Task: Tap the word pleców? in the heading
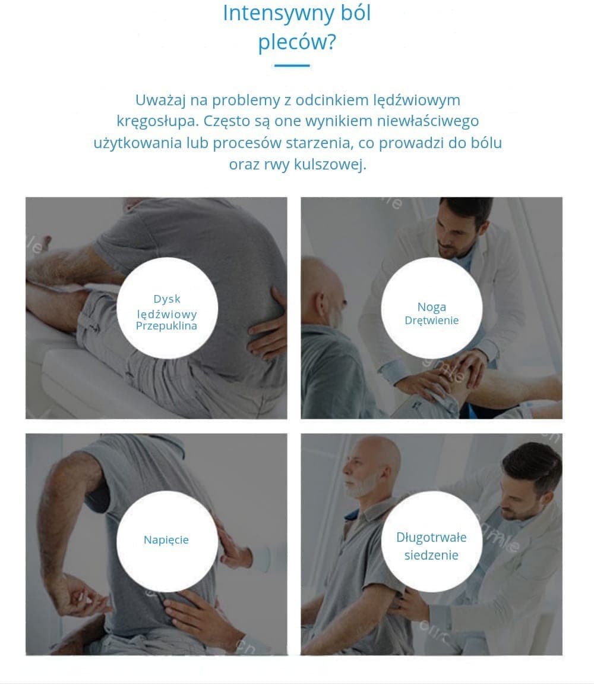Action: click(297, 43)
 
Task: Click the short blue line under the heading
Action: click(292, 66)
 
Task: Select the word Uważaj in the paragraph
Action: click(161, 101)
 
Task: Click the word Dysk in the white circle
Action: click(167, 299)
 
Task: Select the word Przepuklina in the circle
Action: click(166, 326)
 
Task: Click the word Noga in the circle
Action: click(431, 308)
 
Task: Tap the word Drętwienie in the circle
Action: click(431, 321)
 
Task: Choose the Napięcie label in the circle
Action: click(166, 541)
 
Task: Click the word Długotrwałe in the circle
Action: click(431, 538)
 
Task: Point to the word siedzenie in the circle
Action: click(431, 556)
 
